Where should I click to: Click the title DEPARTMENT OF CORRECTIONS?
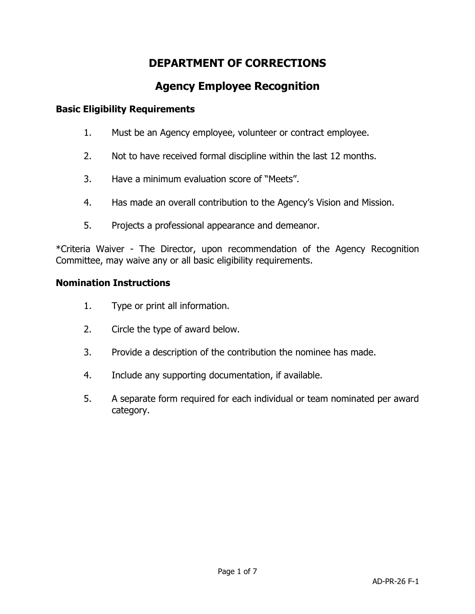click(237, 63)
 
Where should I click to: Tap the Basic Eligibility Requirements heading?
click(125, 109)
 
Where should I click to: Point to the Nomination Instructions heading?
click(112, 283)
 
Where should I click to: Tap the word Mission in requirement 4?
click(377, 202)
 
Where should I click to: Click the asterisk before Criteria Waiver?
click(57, 248)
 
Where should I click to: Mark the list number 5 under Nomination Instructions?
click(87, 399)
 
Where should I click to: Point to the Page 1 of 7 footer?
click(237, 572)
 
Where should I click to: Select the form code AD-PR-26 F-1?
click(395, 582)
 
